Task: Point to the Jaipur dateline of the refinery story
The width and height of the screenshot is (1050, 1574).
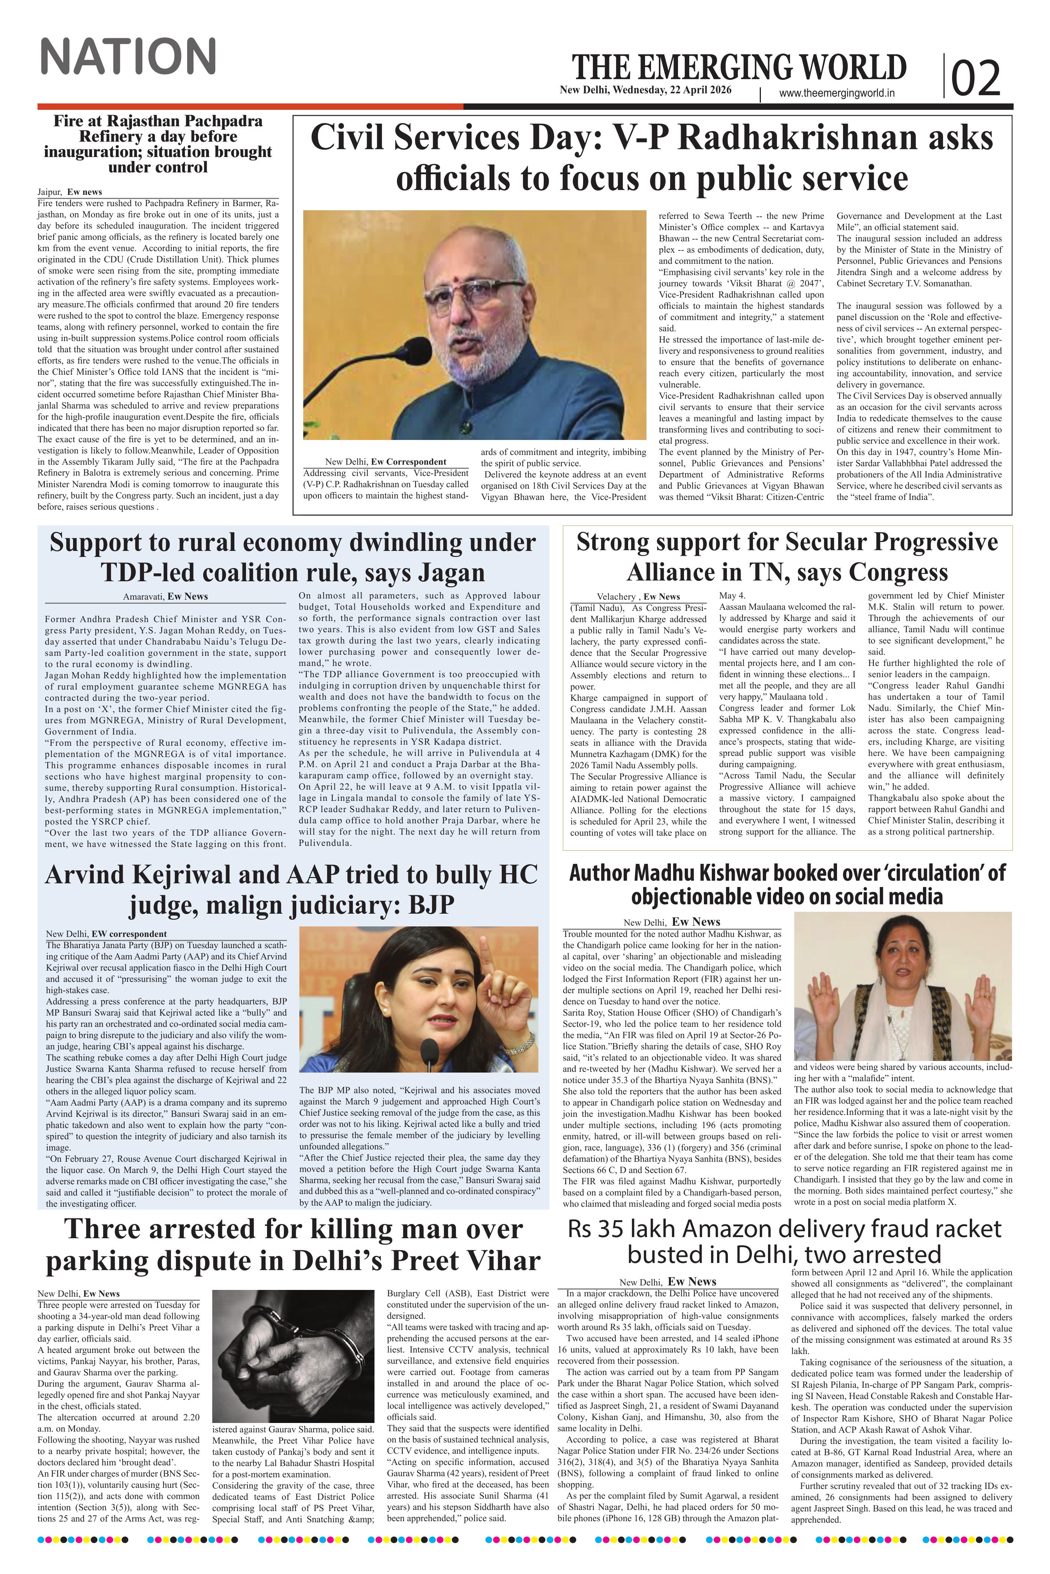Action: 50,192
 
